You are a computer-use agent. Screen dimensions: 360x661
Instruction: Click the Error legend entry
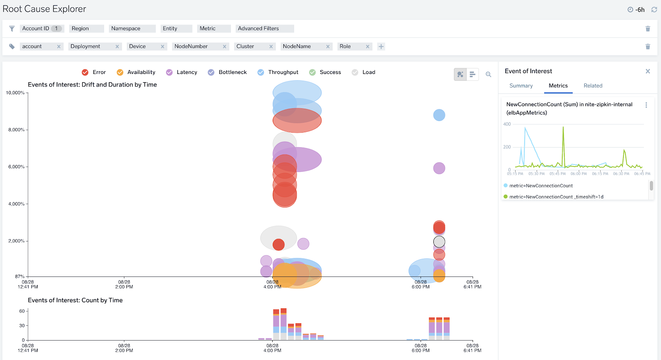pyautogui.click(x=94, y=72)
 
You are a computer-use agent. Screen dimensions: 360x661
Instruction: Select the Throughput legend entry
pyautogui.click(x=278, y=72)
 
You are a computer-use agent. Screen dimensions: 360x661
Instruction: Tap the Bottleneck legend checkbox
pyautogui.click(x=211, y=72)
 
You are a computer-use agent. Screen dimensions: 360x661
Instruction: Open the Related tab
pyautogui.click(x=593, y=86)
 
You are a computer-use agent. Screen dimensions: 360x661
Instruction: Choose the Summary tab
pyautogui.click(x=521, y=86)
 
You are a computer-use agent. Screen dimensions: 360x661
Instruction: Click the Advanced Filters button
pyautogui.click(x=264, y=29)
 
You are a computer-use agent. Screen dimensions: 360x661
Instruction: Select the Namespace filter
pyautogui.click(x=132, y=29)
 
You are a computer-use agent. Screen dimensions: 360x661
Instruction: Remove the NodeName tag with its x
pyautogui.click(x=328, y=47)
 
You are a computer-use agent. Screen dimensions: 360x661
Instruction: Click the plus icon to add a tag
pyautogui.click(x=381, y=47)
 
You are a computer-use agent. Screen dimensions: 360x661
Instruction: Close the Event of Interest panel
pyautogui.click(x=648, y=71)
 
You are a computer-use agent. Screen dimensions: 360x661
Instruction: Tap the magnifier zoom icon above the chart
pyautogui.click(x=488, y=74)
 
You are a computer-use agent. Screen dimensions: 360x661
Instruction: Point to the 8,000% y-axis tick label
pyautogui.click(x=16, y=130)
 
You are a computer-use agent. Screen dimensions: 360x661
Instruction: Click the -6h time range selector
pyautogui.click(x=636, y=10)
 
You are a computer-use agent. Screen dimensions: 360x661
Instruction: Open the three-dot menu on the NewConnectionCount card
pyautogui.click(x=646, y=105)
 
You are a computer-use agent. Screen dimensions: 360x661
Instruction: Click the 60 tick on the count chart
pyautogui.click(x=22, y=311)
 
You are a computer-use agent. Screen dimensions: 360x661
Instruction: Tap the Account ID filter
pyautogui.click(x=41, y=29)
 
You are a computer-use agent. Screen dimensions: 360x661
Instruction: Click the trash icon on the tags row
pyautogui.click(x=648, y=47)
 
